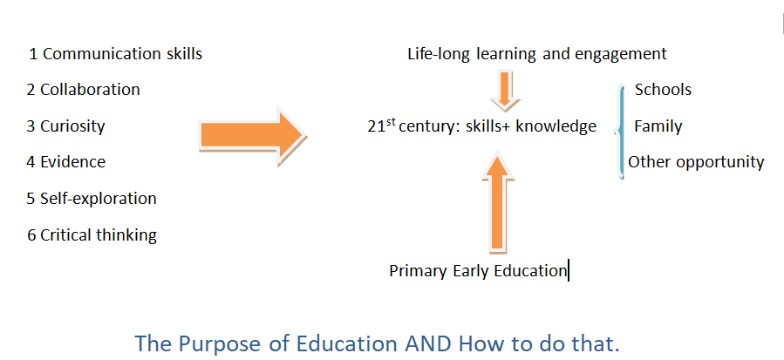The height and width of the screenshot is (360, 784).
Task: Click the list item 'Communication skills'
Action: (122, 54)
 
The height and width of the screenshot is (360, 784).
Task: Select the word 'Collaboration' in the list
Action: (90, 90)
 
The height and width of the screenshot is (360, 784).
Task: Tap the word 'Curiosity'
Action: (72, 126)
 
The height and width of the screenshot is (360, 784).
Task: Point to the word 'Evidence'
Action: (73, 162)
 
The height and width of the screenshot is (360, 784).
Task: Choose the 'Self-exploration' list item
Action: (99, 199)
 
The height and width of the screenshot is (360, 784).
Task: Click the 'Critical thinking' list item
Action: (99, 235)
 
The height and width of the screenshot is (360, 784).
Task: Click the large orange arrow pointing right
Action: (253, 135)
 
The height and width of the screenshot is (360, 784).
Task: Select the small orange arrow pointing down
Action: (506, 90)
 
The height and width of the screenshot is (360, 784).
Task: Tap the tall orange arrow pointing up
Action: (497, 201)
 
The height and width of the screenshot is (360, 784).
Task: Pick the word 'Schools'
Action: (663, 90)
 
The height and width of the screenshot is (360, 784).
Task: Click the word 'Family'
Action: (658, 126)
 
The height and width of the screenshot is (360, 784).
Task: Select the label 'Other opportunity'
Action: (696, 162)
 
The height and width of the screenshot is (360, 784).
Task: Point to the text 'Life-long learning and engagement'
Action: (537, 54)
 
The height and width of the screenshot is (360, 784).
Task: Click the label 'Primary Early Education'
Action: (479, 271)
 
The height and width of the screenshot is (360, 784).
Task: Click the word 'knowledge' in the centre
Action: (556, 126)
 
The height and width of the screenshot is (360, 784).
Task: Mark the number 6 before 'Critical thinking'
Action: (32, 235)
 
